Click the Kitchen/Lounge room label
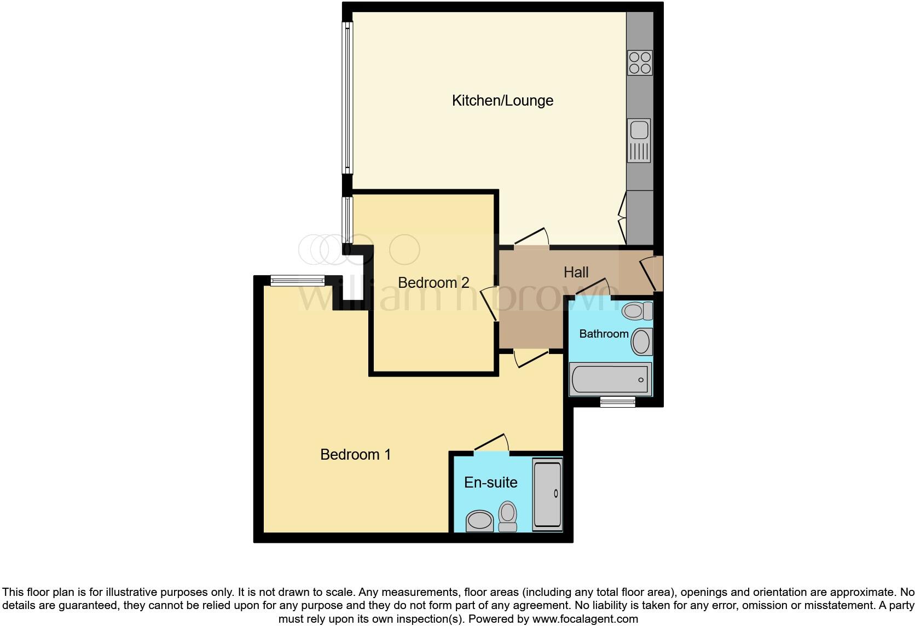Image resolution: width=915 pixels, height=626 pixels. (502, 101)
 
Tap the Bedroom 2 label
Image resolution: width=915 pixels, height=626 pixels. (433, 282)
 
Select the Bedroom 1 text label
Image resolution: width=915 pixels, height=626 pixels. (355, 454)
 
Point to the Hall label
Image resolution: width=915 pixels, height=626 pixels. (576, 272)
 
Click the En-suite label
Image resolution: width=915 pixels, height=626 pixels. (490, 482)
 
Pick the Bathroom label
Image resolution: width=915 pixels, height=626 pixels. (604, 334)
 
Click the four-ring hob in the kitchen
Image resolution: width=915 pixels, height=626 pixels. (640, 62)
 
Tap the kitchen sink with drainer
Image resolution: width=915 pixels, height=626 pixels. (639, 141)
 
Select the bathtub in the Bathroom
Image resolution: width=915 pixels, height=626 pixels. (610, 379)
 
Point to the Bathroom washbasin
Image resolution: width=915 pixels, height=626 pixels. (641, 341)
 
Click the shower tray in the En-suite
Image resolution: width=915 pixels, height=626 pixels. (547, 494)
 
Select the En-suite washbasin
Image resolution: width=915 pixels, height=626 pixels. (479, 520)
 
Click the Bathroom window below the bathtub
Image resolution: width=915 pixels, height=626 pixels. (617, 402)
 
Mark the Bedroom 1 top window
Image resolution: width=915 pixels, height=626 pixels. (298, 281)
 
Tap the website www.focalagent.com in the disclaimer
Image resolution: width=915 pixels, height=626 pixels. (584, 619)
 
